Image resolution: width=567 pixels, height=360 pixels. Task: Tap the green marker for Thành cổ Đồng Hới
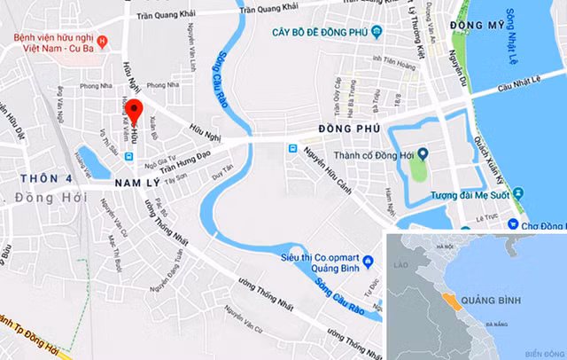(423, 153)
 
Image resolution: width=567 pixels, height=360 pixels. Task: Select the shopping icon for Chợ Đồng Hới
(514, 226)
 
